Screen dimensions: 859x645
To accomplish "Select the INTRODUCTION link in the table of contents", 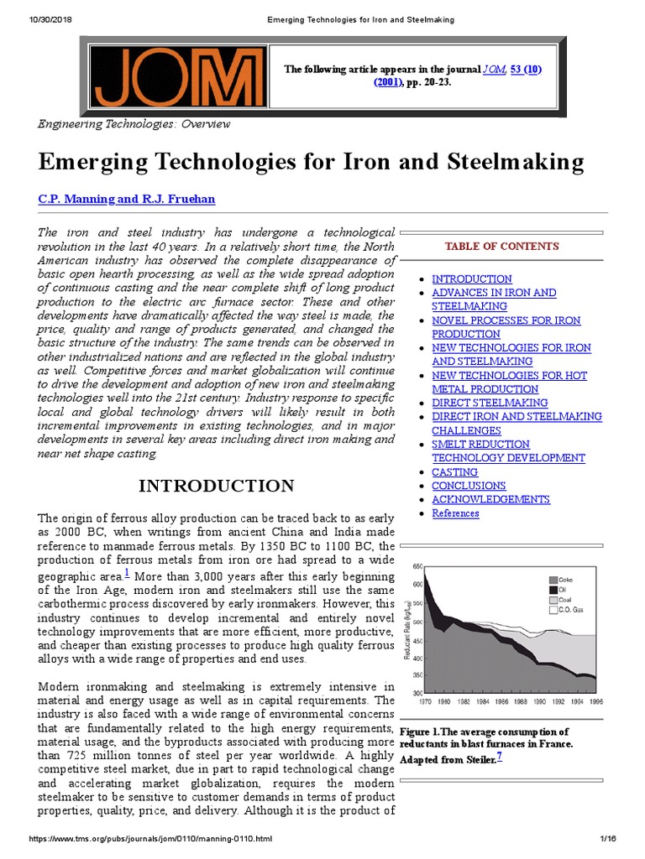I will point(471,279).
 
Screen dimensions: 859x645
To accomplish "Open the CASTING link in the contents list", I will point(454,472).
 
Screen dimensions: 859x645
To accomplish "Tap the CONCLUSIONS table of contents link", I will point(469,486).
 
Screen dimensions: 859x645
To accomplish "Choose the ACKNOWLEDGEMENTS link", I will point(490,499).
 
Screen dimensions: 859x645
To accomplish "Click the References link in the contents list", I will point(455,513).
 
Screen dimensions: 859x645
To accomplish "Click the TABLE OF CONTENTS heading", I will point(501,246).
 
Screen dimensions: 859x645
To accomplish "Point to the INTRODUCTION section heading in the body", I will point(216,487).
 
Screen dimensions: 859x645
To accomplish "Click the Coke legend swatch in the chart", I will point(553,580).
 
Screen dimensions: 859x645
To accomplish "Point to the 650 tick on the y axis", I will point(417,568).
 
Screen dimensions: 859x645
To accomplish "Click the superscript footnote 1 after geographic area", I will point(126,573).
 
